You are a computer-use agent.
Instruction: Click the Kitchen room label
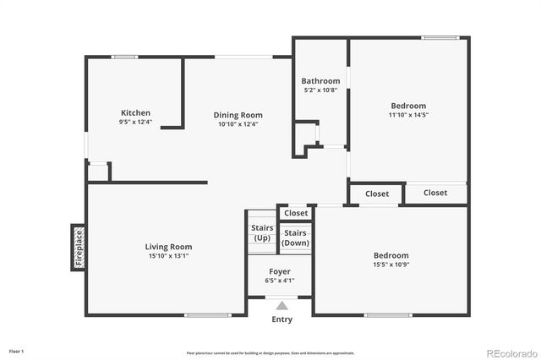(x=135, y=112)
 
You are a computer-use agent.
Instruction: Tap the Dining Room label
(x=238, y=115)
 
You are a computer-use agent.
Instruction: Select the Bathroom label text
(x=320, y=81)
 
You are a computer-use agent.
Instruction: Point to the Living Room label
(x=169, y=247)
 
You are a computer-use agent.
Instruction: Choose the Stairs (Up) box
(x=261, y=232)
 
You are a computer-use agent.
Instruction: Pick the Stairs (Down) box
(x=295, y=237)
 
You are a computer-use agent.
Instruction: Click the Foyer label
(x=279, y=271)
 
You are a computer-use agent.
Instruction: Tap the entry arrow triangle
(x=281, y=306)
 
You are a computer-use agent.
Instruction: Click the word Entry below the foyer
(x=281, y=319)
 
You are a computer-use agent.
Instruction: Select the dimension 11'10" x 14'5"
(x=408, y=115)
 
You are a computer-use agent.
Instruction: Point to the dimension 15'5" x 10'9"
(x=391, y=265)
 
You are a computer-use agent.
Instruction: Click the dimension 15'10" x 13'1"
(x=169, y=256)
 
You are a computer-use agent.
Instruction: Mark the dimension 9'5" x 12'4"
(x=135, y=123)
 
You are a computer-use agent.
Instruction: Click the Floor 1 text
(x=17, y=350)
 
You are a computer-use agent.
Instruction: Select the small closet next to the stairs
(x=296, y=213)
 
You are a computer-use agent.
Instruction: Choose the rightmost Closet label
(x=435, y=193)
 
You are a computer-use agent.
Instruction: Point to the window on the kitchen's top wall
(x=124, y=57)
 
